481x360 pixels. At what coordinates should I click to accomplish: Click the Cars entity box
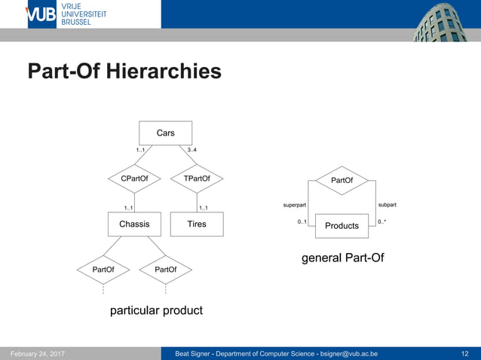tap(165, 133)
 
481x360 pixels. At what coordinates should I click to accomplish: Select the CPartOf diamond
tap(134, 178)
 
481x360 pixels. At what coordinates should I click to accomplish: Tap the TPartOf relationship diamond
tap(197, 178)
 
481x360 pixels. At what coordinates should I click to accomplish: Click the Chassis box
tap(134, 224)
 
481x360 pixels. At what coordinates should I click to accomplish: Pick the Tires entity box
tap(197, 224)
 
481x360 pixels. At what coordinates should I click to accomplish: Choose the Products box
tap(342, 225)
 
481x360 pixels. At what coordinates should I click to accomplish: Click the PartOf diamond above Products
tap(342, 181)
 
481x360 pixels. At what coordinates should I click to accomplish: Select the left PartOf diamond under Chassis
tap(103, 269)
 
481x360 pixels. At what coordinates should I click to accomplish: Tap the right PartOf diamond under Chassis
tap(165, 269)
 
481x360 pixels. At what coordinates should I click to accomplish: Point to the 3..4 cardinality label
tap(192, 151)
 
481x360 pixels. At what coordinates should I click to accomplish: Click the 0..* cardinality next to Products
tap(382, 222)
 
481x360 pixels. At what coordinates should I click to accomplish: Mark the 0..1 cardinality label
tap(302, 222)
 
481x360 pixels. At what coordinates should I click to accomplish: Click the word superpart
tap(295, 205)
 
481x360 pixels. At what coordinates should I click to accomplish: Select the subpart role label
tap(387, 205)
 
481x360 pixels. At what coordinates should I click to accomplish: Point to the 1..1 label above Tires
tap(203, 208)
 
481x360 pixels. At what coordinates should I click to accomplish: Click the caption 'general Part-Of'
tap(342, 258)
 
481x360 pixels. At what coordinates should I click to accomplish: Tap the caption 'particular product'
tap(156, 310)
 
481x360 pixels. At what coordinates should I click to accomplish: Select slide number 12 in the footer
tap(464, 353)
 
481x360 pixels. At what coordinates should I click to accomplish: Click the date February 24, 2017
tap(37, 353)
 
